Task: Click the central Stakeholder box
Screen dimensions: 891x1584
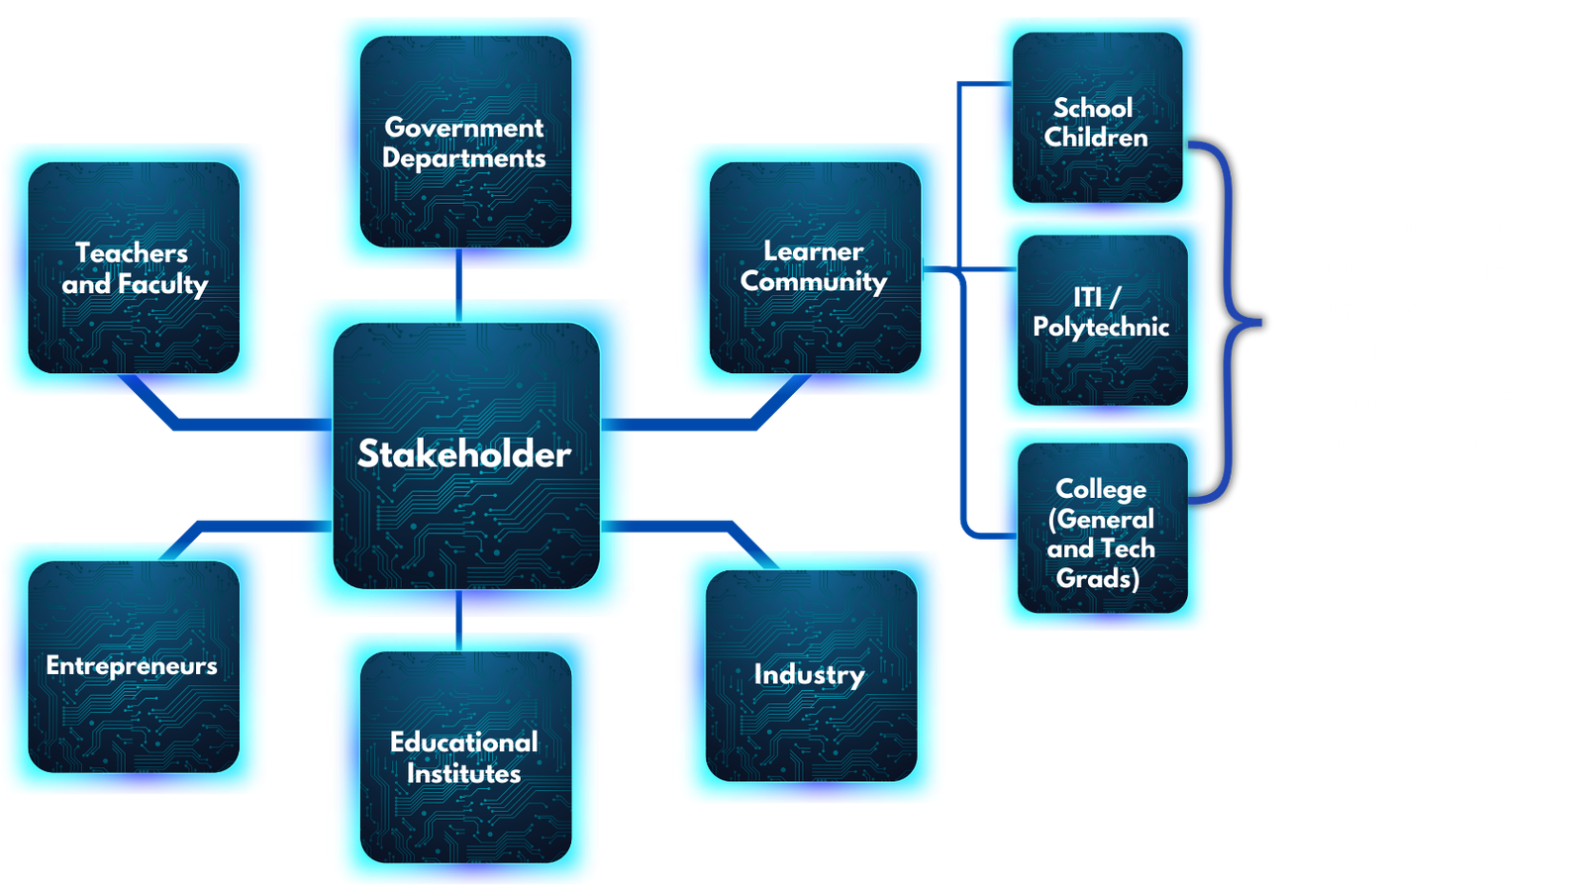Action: (465, 455)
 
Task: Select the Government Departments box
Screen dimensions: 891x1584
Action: (465, 143)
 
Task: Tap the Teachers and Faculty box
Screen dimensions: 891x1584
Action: (134, 268)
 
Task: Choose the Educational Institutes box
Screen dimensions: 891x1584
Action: (465, 757)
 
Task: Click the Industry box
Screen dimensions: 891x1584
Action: (810, 675)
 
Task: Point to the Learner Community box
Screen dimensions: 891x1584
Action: (815, 267)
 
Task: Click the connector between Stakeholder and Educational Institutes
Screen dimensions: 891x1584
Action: (459, 621)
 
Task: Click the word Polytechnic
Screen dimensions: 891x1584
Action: (1101, 328)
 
